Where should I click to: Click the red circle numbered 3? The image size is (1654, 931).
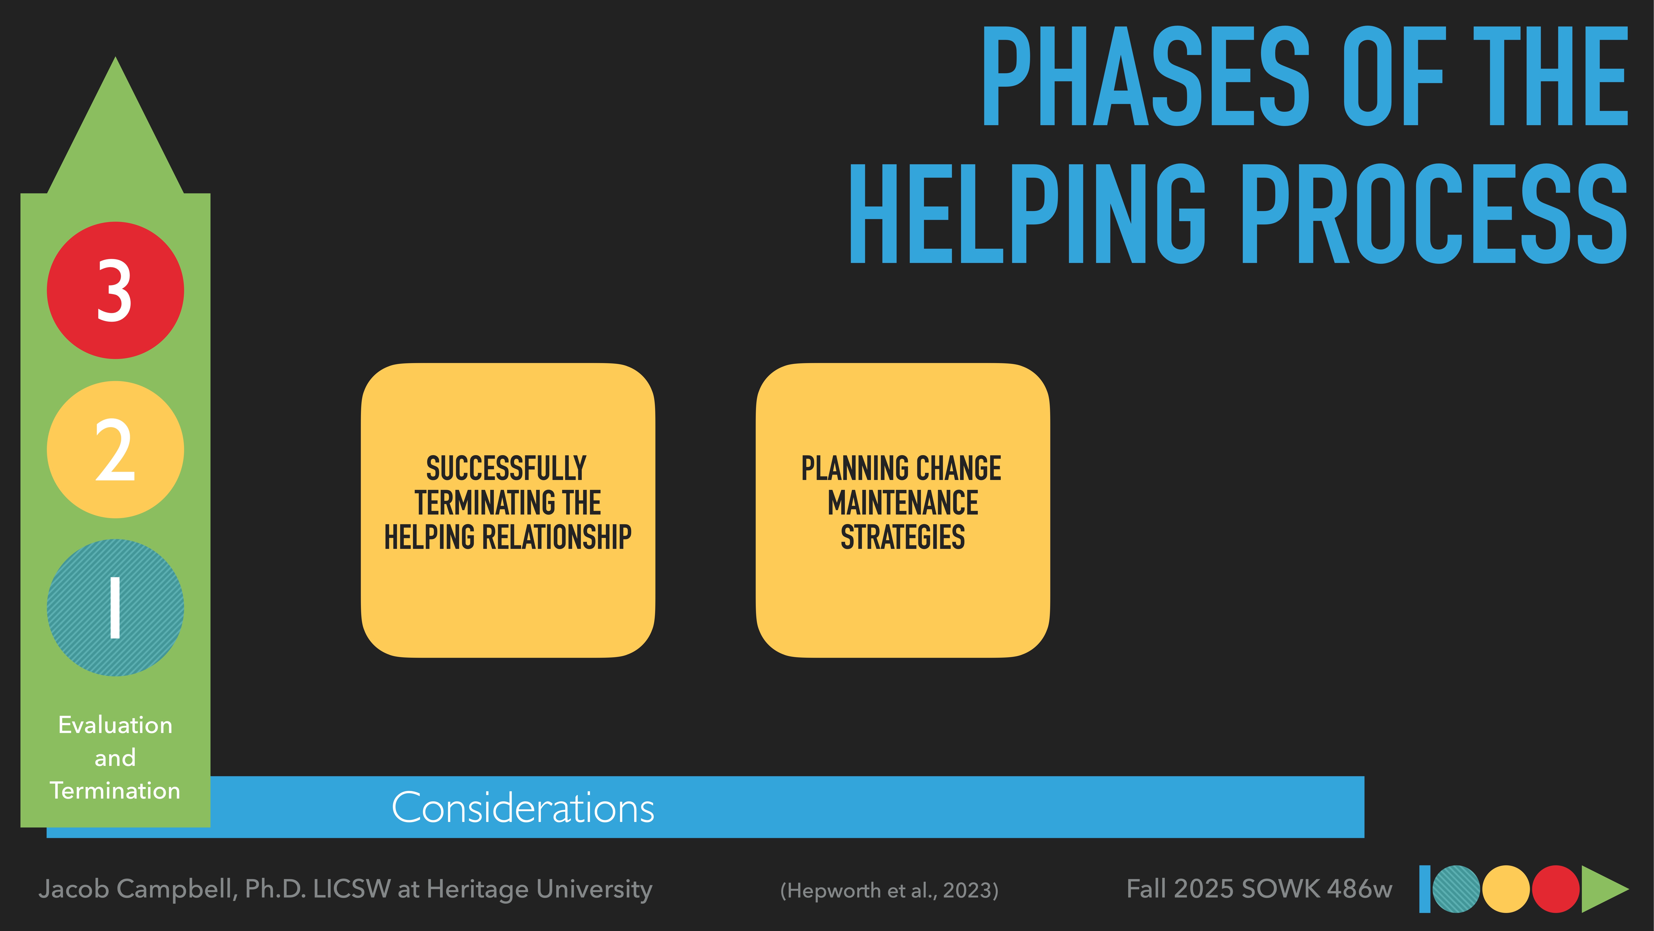point(116,290)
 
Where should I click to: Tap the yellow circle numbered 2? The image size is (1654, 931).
point(116,450)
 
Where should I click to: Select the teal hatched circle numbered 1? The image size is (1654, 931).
point(116,608)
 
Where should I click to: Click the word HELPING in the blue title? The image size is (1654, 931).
point(1027,214)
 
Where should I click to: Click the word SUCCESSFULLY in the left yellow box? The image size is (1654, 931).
point(507,468)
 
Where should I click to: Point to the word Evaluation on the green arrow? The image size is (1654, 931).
point(116,725)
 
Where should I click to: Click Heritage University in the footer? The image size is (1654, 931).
point(539,889)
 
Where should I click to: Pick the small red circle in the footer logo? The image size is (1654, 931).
point(1555,889)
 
